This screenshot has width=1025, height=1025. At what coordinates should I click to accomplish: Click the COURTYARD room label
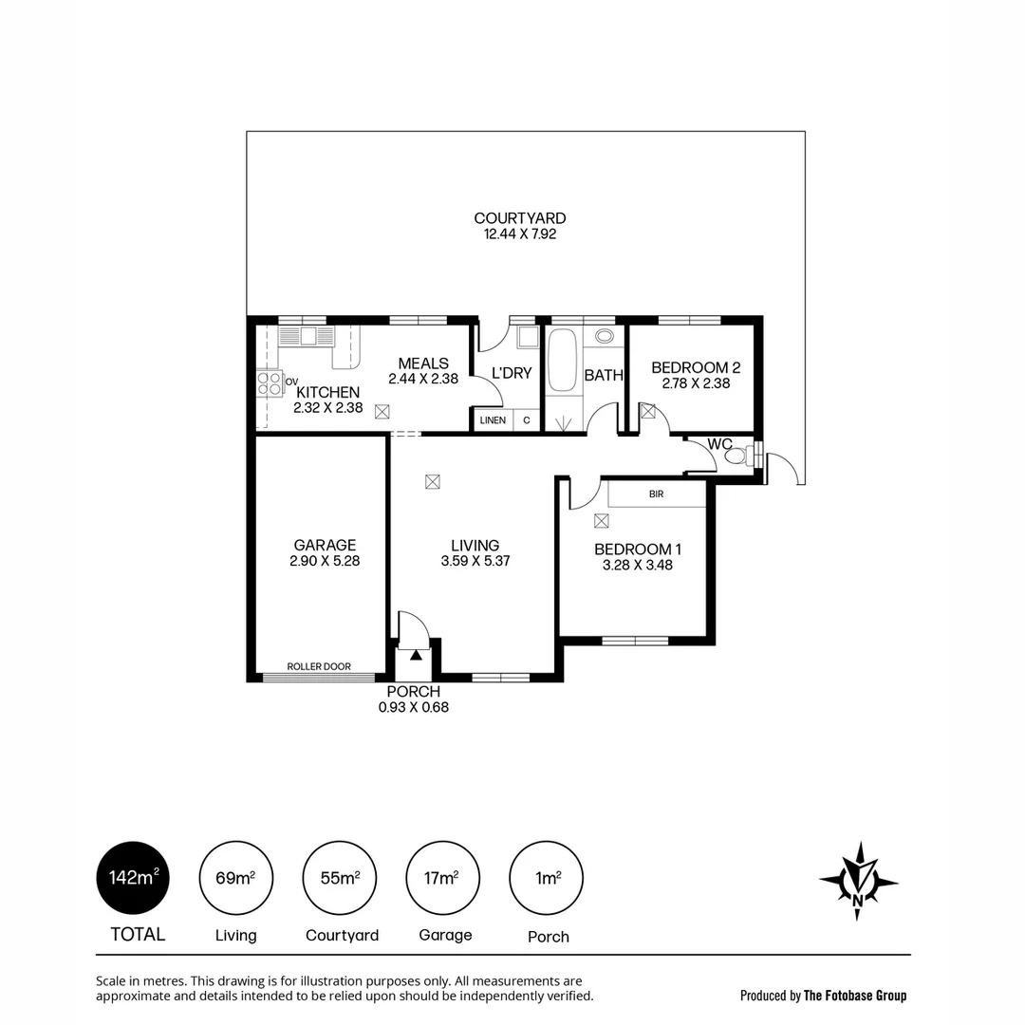click(x=519, y=218)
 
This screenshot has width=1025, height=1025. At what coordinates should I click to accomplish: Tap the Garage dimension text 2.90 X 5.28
click(x=325, y=561)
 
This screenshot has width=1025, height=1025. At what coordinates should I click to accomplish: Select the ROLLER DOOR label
click(x=319, y=666)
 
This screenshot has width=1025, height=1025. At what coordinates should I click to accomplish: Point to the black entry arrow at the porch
click(x=416, y=654)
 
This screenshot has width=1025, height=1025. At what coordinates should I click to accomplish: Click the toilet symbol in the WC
click(x=736, y=456)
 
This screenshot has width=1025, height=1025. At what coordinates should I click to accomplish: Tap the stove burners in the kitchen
click(x=270, y=383)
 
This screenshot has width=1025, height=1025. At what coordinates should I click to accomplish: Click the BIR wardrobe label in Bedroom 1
click(x=656, y=494)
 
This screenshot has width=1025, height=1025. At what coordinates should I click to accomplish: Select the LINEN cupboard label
click(x=493, y=419)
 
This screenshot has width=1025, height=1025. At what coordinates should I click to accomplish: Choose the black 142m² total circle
click(x=133, y=878)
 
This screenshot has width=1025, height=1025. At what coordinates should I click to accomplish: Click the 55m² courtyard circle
click(x=340, y=878)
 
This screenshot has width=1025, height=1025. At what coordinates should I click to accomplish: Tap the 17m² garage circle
click(x=442, y=878)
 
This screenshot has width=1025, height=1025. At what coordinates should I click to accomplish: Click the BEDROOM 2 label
click(x=696, y=368)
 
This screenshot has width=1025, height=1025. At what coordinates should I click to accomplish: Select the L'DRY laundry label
click(x=512, y=373)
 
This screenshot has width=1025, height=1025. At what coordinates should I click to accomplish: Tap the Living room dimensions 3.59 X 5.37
click(x=475, y=561)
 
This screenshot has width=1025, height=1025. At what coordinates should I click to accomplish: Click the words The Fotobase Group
click(x=854, y=996)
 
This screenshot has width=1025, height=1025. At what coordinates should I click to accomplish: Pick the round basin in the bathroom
click(x=604, y=336)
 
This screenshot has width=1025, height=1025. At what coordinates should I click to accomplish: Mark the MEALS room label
click(x=423, y=363)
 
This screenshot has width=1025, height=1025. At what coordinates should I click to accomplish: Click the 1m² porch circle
click(x=546, y=878)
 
